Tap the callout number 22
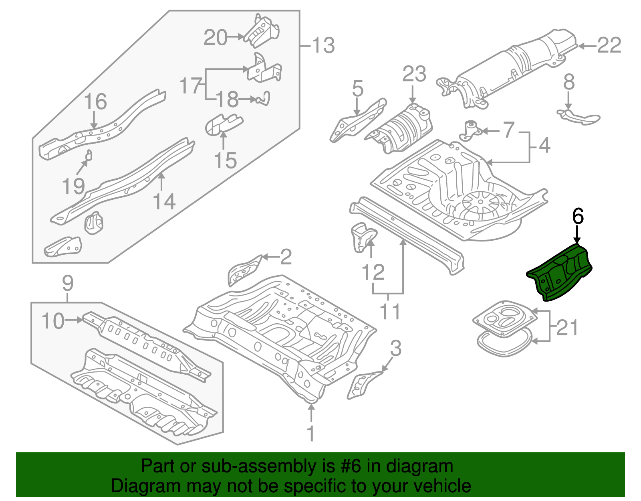tap(609, 45)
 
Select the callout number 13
tap(323, 45)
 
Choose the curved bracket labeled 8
tap(579, 116)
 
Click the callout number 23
tap(414, 75)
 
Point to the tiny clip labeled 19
tap(89, 155)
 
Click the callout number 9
tap(68, 284)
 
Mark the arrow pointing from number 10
tap(75, 320)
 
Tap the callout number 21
tap(567, 327)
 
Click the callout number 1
tap(311, 434)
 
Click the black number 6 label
tap(578, 216)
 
